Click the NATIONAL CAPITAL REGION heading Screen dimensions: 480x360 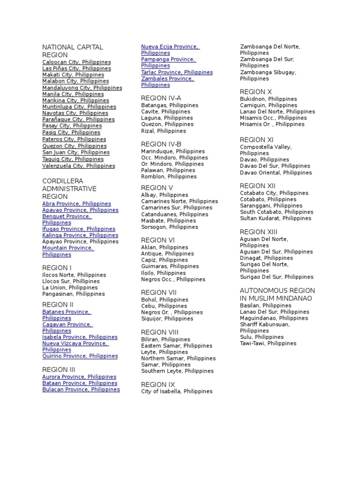72,51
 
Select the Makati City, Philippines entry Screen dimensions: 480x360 73,75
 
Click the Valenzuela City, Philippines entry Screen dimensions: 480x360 78,165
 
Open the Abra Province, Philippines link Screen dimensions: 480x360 76,204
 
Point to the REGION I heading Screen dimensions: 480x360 57,268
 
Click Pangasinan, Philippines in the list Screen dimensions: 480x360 74,294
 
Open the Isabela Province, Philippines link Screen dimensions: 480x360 80,337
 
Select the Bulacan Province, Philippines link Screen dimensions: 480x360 81,390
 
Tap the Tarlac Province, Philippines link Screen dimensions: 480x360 177,72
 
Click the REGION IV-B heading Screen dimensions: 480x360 161,144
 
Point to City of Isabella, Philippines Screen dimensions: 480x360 177,391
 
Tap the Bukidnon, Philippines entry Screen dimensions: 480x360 268,99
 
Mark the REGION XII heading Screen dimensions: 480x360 257,186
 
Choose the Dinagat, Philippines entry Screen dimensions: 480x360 266,258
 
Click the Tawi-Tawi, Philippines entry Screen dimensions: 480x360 268,343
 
